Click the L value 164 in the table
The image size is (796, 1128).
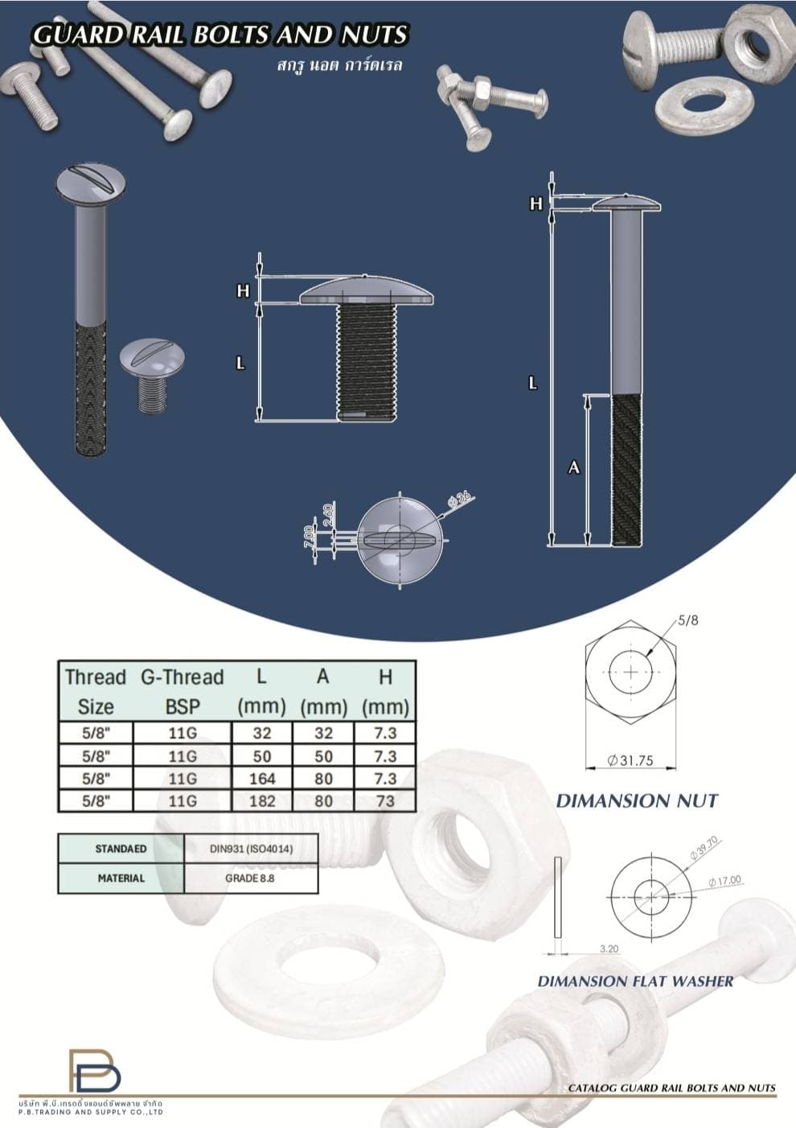point(262,778)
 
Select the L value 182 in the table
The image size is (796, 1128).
point(262,801)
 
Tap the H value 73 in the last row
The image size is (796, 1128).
point(385,801)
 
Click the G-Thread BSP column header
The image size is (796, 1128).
point(182,691)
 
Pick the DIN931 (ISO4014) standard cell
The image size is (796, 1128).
point(251,849)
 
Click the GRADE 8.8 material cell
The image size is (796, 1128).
point(250,878)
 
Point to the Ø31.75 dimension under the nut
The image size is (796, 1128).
point(630,760)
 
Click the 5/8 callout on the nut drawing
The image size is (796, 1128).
point(687,620)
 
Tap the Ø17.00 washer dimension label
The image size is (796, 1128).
point(724,881)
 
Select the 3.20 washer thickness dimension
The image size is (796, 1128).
point(609,949)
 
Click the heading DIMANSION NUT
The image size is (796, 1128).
point(636,801)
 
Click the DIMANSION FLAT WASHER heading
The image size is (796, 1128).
point(635,981)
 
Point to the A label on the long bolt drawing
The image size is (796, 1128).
point(574,467)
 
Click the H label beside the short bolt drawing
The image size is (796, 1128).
point(243,291)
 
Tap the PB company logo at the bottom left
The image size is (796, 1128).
point(94,1071)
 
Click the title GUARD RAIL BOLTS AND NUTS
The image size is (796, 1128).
point(220,35)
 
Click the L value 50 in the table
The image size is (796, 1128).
point(262,756)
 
